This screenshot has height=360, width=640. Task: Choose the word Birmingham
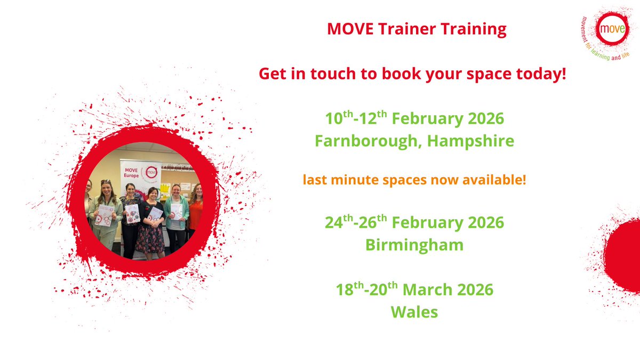tap(414, 245)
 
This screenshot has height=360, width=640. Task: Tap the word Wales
tap(414, 311)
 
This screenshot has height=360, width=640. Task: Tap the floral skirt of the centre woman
tap(149, 239)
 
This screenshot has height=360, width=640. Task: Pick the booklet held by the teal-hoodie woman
tap(176, 211)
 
